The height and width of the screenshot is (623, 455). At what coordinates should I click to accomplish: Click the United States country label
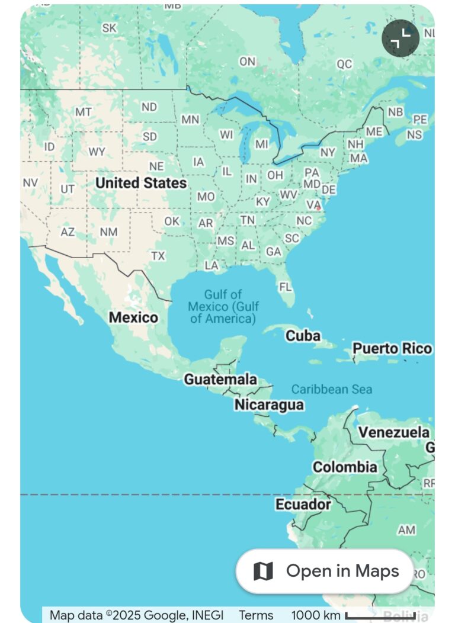pos(141,183)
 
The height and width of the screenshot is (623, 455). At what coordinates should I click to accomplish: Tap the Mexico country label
pos(133,317)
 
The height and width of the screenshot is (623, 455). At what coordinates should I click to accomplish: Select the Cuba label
pos(303,336)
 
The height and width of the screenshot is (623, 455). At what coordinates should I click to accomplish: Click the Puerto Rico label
pos(392,348)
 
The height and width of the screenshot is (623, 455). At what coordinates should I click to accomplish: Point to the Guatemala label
pos(220,380)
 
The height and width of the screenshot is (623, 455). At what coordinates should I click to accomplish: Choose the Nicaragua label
pos(269,405)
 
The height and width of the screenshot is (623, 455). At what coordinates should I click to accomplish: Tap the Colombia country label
pos(345,467)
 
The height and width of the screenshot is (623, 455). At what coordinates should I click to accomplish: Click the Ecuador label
pos(303,505)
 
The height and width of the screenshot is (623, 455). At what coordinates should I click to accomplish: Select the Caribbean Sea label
pos(332,389)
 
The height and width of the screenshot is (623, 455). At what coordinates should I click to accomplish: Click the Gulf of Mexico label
pos(223,306)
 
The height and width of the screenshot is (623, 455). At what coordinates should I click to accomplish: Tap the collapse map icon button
pos(400,38)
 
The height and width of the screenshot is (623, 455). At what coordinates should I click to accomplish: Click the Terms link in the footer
pos(256,615)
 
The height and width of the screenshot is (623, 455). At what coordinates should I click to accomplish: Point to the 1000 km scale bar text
pos(316,615)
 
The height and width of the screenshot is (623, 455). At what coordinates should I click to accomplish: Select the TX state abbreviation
pos(158,256)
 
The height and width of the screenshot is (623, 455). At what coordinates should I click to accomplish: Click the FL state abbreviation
pos(286,287)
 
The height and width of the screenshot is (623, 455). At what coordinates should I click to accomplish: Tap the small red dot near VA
pos(319,208)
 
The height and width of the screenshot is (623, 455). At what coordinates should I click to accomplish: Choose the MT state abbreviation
pos(84,112)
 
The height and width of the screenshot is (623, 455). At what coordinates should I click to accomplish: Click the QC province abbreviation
pos(344,64)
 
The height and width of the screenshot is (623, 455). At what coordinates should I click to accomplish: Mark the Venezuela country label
pos(393,432)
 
